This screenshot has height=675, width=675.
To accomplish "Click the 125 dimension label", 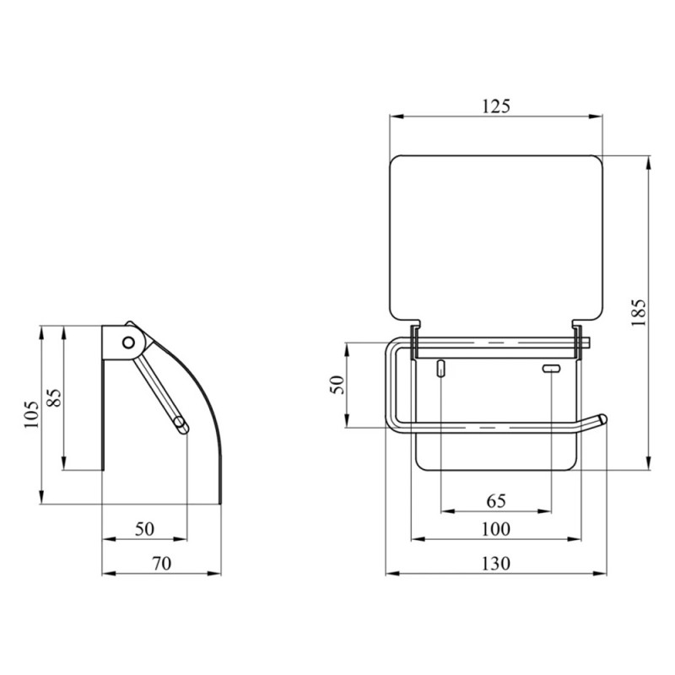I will (497, 105).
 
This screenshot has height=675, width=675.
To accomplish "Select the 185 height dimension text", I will (639, 312).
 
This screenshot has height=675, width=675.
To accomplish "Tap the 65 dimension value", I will (496, 501).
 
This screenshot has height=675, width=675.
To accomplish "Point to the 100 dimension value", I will (496, 529).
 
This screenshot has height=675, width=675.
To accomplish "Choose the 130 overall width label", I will (496, 564).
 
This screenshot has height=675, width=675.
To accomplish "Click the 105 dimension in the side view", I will (31, 413).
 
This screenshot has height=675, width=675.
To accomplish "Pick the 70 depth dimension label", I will (160, 564).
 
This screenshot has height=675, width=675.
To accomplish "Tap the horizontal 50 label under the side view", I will (144, 529).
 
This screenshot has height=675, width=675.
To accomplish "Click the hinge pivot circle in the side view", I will (129, 342).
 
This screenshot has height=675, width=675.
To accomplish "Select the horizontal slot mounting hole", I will (551, 368).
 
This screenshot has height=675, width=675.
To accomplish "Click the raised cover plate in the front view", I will (497, 236).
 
